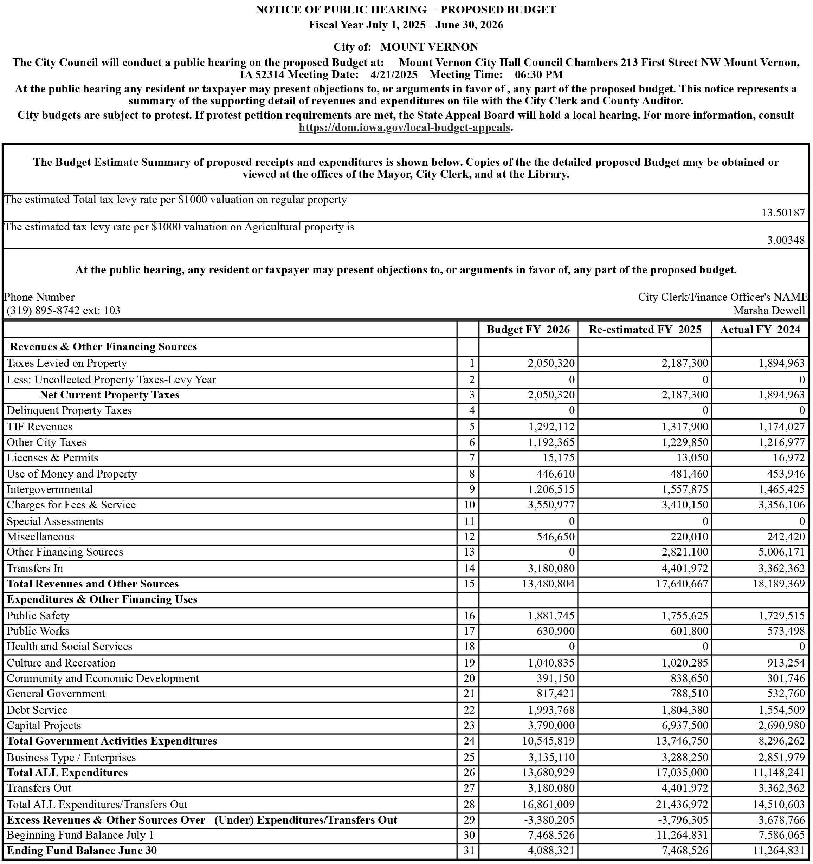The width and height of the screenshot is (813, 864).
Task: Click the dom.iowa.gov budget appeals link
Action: [x=404, y=128]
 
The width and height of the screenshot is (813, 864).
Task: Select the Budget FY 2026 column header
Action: [x=528, y=330]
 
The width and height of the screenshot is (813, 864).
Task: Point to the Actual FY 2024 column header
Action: [x=760, y=330]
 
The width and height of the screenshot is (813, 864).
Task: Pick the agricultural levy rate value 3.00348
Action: [x=786, y=240]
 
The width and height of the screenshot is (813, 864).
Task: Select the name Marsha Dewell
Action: [x=769, y=310]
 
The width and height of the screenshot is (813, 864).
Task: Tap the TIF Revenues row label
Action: [x=40, y=427]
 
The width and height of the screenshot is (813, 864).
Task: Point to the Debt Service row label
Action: [x=37, y=710]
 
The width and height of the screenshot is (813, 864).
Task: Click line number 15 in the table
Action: [x=469, y=584]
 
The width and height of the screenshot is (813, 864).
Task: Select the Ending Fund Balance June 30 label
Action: [x=82, y=851]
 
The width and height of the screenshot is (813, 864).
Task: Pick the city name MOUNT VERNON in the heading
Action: [x=429, y=47]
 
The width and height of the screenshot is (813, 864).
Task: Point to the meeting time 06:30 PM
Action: [x=539, y=75]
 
